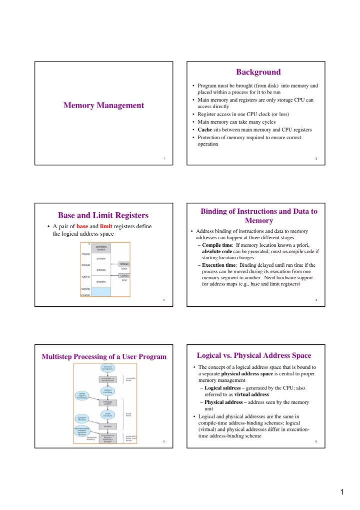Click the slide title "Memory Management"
[103, 105]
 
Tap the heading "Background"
[258, 72]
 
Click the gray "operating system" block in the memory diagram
[100, 248]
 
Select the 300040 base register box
[124, 264]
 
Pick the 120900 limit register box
[124, 275]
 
